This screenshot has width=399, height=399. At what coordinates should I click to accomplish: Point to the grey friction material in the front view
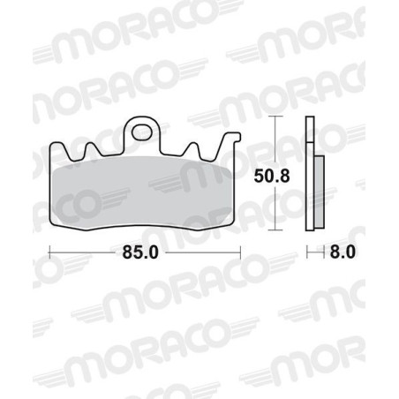(146, 190)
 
